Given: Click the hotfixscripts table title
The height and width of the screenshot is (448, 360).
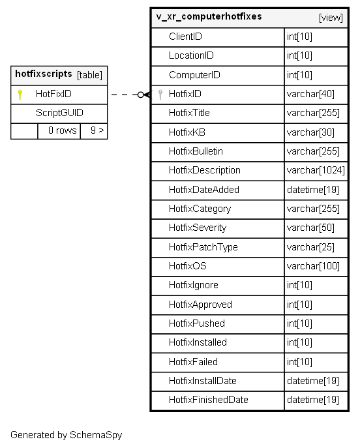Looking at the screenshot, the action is click(x=44, y=74).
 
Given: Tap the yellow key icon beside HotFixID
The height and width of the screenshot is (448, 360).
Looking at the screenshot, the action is click(x=20, y=95).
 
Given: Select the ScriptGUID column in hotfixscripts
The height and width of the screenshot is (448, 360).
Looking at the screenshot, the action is click(x=59, y=113).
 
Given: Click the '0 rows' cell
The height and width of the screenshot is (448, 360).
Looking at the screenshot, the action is click(x=63, y=130).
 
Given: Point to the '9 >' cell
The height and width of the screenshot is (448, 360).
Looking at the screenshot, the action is click(x=97, y=130).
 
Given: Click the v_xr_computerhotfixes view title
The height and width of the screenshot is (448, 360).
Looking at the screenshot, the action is click(x=209, y=16).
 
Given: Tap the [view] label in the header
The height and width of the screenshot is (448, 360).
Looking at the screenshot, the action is click(x=331, y=18).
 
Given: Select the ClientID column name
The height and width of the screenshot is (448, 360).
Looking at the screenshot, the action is click(x=185, y=37).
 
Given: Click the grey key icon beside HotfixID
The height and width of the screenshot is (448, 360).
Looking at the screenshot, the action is click(x=160, y=95).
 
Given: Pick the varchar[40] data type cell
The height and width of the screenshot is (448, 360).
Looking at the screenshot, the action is click(x=310, y=94).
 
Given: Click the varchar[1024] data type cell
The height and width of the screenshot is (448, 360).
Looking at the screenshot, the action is click(x=316, y=171).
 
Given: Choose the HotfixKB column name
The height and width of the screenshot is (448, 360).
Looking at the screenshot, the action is click(x=187, y=132).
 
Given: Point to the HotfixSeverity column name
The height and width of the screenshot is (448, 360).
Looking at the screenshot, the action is click(x=198, y=228).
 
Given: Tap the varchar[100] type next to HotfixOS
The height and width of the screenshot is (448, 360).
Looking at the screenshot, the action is click(x=313, y=266).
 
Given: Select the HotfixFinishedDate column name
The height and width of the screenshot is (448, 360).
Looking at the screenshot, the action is click(x=209, y=400).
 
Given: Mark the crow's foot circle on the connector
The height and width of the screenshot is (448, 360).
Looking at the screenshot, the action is click(x=141, y=95).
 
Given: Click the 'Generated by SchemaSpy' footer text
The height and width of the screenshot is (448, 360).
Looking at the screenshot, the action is click(x=67, y=435).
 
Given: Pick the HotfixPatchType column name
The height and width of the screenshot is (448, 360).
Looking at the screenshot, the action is click(x=203, y=247).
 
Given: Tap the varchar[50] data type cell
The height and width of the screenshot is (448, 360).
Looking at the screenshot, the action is click(x=310, y=228).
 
